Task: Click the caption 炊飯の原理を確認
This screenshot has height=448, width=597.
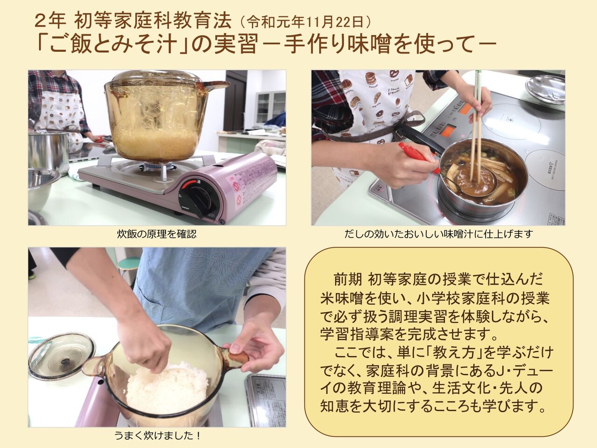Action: click(157, 234)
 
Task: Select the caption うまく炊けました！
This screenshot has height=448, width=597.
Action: click(158, 436)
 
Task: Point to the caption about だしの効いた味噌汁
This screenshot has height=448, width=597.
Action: click(438, 234)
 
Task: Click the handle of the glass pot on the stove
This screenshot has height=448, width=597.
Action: click(215, 84)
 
